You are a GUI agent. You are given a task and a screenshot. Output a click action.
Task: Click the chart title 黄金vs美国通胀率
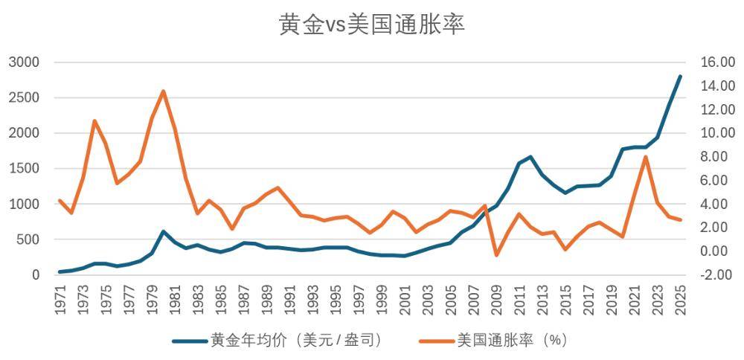(372, 25)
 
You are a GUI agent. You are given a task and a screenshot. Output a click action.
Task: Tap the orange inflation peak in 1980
(163, 91)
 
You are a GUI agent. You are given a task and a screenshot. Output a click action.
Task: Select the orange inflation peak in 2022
(646, 156)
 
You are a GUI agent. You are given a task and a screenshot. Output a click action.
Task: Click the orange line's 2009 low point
(496, 255)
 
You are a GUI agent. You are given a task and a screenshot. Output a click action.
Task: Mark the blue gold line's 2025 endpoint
(680, 76)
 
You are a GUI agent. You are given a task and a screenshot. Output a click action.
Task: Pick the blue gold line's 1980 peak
(163, 231)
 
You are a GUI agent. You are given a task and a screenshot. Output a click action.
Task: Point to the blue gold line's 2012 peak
(530, 157)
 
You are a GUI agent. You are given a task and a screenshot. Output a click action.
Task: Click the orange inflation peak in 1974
(94, 120)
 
